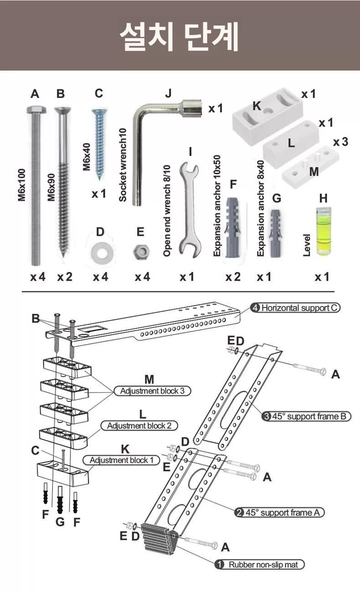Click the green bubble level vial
coord(323,231)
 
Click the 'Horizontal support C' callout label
coord(296,308)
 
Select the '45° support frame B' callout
coord(306,416)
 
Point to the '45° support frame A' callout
coord(279,512)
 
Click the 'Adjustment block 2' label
coord(139,426)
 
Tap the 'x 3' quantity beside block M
coord(341,142)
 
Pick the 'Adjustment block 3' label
coord(152,391)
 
